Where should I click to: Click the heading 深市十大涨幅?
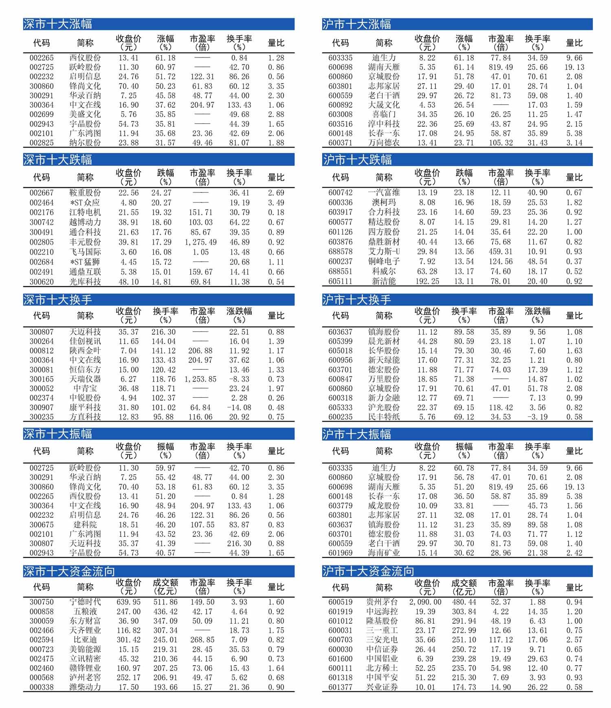point(58,24)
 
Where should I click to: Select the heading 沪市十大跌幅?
point(357,160)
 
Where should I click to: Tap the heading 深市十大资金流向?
point(69,571)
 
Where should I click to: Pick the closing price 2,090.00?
point(425,602)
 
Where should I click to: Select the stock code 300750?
point(42,602)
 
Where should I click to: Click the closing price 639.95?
point(128,602)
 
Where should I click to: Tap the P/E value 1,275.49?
point(201,242)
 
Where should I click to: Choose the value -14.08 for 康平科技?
point(239,408)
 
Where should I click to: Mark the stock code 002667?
point(42,193)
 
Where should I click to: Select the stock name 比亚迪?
point(85,640)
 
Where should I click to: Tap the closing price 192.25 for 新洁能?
point(427,281)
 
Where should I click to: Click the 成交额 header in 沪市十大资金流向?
point(464,587)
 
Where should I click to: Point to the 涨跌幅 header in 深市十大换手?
point(239,315)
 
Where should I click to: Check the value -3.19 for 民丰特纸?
point(538,417)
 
